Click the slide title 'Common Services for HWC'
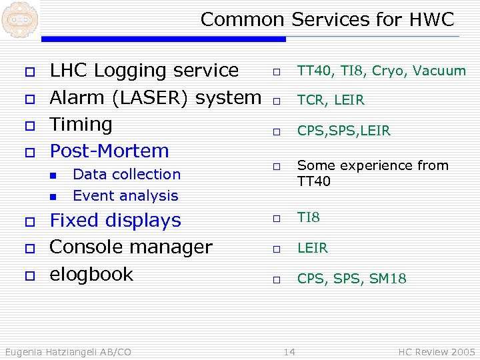pos(327,19)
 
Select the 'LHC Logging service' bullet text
pos(144,70)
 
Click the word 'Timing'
pos(81,124)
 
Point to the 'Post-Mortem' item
pos(109,151)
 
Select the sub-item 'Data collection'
pos(127,175)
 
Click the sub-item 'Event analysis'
pos(125,196)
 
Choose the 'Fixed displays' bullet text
pos(115,221)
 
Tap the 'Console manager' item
pos(131,247)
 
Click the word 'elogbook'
pos(91,274)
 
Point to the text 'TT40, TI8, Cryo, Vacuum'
pos(381,71)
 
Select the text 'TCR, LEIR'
pos(331,101)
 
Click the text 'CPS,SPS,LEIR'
pos(343,131)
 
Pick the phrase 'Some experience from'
pos(373,165)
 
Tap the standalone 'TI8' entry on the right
pos(309,218)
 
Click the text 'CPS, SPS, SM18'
pos(351,279)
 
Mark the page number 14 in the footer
pos(289,351)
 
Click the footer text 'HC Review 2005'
pos(436,351)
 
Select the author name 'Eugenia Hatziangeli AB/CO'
pos(68,351)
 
